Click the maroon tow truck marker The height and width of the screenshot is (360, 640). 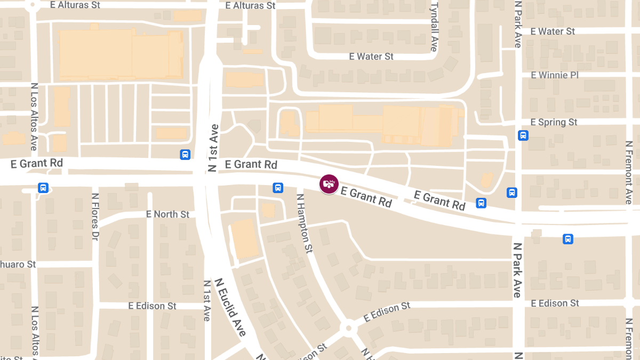coord(329,184)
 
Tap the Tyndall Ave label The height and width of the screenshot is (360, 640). coord(434,26)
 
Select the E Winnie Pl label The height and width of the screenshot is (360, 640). coord(555,75)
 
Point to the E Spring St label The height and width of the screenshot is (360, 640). coord(554,122)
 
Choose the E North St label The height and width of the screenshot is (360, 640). coord(167,214)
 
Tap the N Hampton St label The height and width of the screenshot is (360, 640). coord(304,223)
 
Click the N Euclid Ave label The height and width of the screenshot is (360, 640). coord(231,307)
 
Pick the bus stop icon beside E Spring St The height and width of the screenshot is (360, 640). coord(523,135)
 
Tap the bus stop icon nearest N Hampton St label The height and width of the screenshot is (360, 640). coord(278,188)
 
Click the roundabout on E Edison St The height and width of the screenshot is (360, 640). coord(348,327)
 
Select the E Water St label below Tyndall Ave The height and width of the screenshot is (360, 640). coord(371,56)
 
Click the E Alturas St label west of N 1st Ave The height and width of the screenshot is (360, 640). coord(75,5)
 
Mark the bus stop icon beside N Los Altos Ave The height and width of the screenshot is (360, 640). coord(43,188)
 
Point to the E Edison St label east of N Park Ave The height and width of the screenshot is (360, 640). coord(555,303)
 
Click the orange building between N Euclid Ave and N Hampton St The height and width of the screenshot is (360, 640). coord(245,239)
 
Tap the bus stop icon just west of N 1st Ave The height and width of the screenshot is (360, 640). coord(185,155)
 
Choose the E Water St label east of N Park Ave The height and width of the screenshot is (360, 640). coord(553,31)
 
